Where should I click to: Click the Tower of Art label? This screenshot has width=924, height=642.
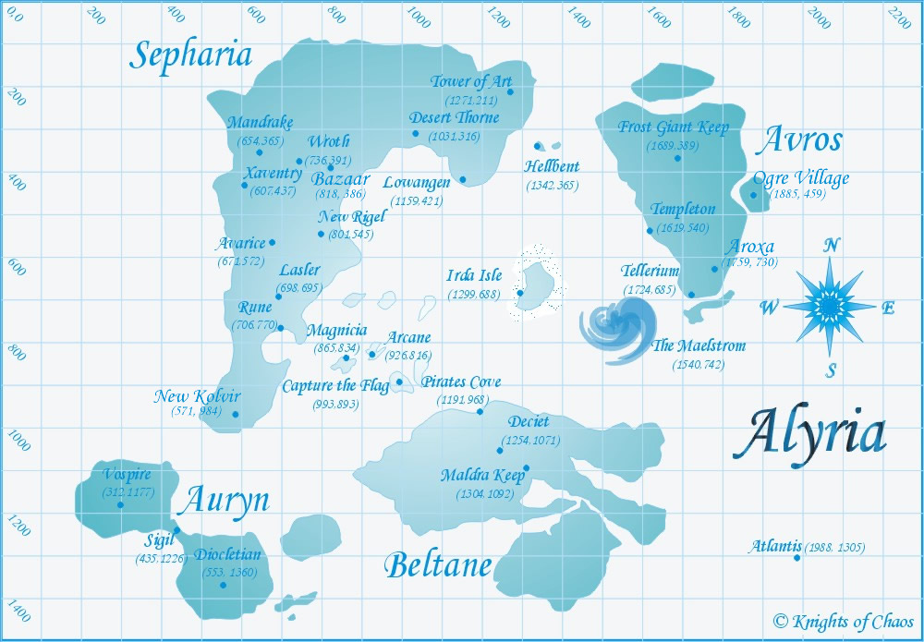[470, 82]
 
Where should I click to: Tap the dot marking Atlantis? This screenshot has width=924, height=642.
[796, 557]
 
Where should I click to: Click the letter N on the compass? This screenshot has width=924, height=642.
[832, 245]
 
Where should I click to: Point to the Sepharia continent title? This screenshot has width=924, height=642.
[190, 55]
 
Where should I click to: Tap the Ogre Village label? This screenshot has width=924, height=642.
[800, 178]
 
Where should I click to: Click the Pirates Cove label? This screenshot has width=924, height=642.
[461, 382]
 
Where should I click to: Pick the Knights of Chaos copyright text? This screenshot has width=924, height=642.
[843, 621]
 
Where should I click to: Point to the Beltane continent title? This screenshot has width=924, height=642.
[437, 564]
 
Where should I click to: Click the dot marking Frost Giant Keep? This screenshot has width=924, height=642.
[677, 158]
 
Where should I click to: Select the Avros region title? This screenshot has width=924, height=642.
[799, 140]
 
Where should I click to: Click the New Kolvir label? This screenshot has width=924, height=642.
[197, 396]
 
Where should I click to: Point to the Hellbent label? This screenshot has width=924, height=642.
[552, 167]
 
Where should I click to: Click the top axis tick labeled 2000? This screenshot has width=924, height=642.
[819, 18]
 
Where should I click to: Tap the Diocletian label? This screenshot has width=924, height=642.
[227, 555]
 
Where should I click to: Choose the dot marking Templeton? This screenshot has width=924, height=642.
[650, 231]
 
